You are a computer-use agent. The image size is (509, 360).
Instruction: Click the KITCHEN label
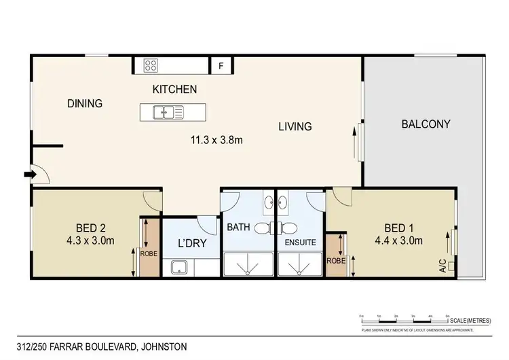174,89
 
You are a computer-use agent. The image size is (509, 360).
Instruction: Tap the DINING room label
85,104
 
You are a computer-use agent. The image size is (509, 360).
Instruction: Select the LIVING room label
295,126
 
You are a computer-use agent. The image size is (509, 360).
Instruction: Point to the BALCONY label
426,124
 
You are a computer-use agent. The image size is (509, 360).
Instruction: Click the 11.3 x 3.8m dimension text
216,141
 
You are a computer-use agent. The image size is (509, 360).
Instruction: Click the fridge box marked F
220,66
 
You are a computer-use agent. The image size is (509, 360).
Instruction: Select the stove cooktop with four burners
151,66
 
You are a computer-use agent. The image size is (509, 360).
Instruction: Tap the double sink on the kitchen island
168,111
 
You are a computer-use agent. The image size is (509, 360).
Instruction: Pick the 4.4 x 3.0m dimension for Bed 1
400,240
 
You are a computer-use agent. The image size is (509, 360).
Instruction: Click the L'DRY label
191,243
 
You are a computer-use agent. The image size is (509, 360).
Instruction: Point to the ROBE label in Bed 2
149,253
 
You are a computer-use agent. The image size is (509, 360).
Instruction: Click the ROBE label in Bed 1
334,260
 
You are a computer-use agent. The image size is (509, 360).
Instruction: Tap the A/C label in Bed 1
442,266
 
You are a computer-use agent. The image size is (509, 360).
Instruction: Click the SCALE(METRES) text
471,320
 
